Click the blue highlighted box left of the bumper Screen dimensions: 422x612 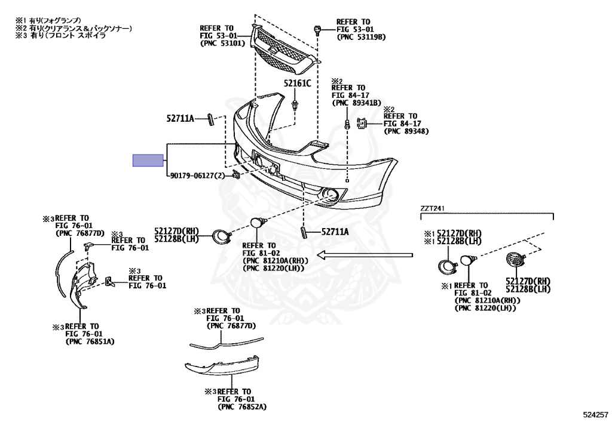(148, 160)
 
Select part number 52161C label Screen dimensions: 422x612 (298, 84)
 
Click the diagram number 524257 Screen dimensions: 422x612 (595, 413)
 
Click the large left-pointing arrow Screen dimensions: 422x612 (365, 255)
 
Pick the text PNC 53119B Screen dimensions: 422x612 (362, 37)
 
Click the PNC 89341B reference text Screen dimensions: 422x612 (357, 103)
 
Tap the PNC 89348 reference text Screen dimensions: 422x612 (406, 131)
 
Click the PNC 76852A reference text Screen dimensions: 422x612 (242, 406)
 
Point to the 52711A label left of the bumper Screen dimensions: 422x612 (180, 119)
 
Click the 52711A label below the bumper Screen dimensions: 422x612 (335, 232)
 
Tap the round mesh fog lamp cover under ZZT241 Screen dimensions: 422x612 (514, 262)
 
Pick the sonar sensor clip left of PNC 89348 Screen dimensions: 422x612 (362, 124)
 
